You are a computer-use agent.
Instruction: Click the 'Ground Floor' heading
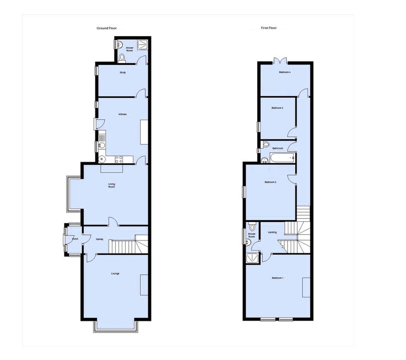click(x=106, y=28)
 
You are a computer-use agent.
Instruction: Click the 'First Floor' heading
click(x=269, y=28)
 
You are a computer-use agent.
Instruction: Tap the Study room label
click(x=123, y=73)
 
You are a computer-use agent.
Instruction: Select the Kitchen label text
click(x=123, y=114)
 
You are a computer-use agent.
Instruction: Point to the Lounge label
click(x=115, y=273)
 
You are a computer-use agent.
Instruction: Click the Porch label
click(x=75, y=239)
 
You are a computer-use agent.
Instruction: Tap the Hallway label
click(x=99, y=239)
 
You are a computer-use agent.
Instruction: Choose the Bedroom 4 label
click(x=284, y=72)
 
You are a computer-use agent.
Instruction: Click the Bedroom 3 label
click(x=277, y=108)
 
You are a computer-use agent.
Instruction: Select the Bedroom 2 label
click(x=271, y=182)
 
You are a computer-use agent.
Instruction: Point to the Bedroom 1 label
click(x=277, y=278)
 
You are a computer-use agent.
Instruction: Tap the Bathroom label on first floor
click(x=278, y=148)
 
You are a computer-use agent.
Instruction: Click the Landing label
click(x=272, y=232)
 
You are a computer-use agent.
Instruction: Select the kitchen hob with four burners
click(x=118, y=159)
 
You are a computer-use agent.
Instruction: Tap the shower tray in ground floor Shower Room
click(x=142, y=44)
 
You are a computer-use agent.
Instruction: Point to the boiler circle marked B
click(x=102, y=159)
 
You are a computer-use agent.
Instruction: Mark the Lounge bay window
click(x=116, y=327)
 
